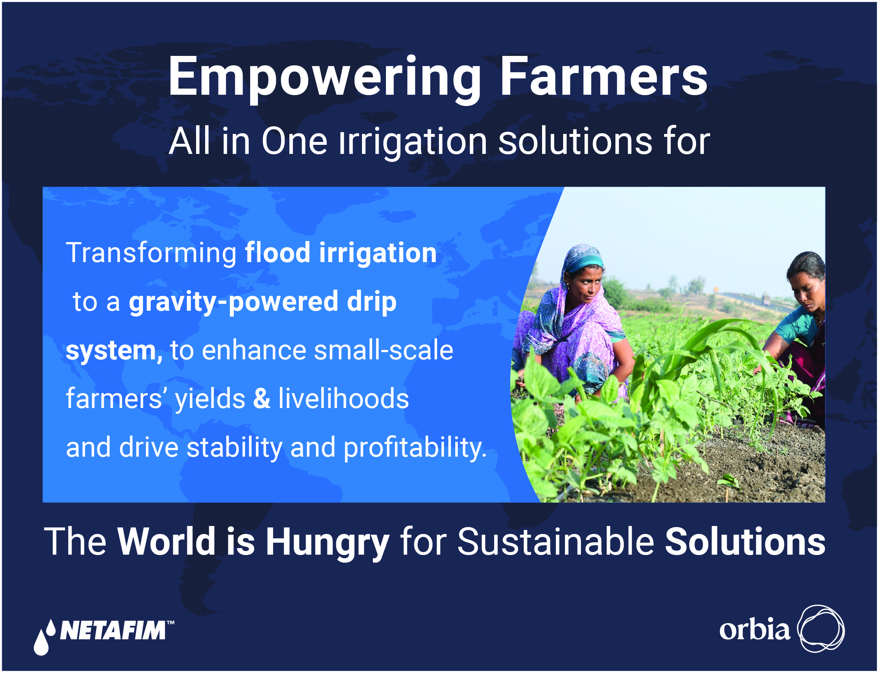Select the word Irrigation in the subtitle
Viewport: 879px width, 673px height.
pos(413,142)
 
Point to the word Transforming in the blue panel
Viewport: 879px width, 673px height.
pos(151,254)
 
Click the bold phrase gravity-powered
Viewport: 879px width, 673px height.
pos(233,303)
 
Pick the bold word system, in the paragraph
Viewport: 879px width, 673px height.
pos(114,352)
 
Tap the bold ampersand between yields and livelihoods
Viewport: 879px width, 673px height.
pos(262,399)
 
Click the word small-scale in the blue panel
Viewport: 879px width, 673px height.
pos(383,351)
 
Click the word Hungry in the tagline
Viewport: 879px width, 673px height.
pos(328,543)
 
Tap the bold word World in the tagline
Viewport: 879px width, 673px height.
pos(167,542)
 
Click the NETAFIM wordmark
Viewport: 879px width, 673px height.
pos(113,631)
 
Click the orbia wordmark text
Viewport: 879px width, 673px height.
pos(755,630)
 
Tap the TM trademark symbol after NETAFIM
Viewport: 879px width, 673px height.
pos(170,623)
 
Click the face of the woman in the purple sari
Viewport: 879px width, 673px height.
pos(588,285)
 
